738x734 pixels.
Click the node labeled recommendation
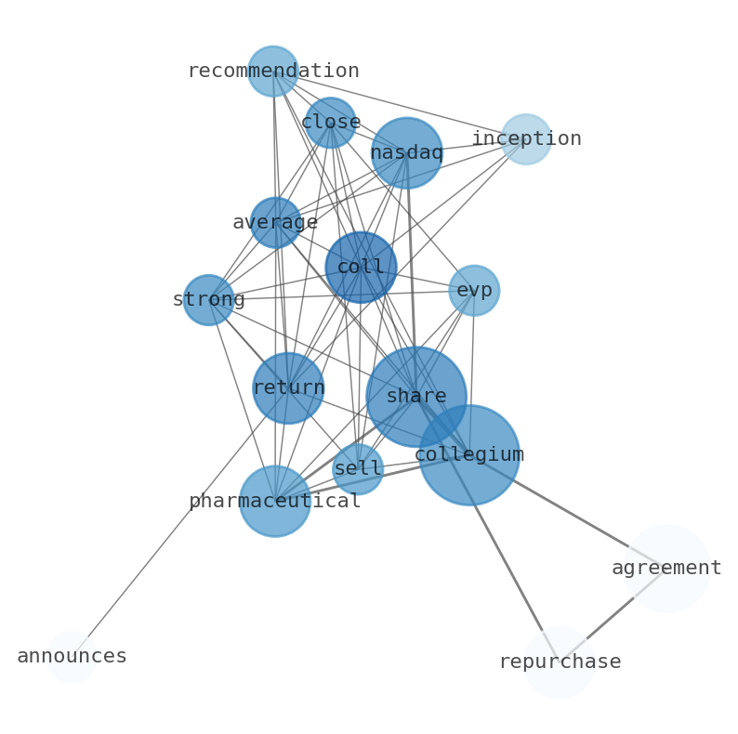click(272, 72)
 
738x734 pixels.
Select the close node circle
click(330, 123)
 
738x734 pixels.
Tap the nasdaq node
click(406, 153)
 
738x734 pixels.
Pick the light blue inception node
click(525, 139)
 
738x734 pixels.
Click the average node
click(275, 223)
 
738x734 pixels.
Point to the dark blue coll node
click(361, 268)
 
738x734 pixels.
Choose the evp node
click(474, 291)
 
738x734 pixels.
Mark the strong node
click(208, 300)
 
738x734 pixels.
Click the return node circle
click(288, 388)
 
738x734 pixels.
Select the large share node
click(415, 397)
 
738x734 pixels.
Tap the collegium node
click(468, 455)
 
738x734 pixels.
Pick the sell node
click(358, 469)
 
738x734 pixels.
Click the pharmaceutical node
click(274, 502)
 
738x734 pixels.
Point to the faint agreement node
click(666, 569)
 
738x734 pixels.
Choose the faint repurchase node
click(559, 662)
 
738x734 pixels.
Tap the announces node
click(72, 657)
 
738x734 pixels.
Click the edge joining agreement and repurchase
click(613, 616)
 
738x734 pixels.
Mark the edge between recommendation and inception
click(400, 106)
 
